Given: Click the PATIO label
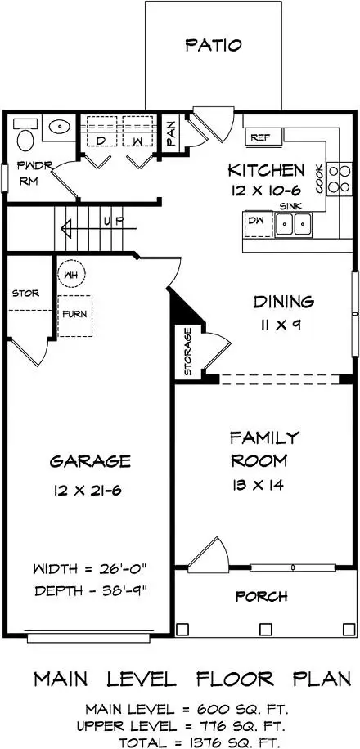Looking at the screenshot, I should point(213,44).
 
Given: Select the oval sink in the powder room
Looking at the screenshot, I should point(58,128).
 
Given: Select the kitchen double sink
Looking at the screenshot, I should point(293,223).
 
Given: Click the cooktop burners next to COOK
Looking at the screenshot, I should point(334,178).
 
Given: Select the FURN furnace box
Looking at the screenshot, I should point(74,312).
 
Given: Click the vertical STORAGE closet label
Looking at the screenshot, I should point(187,352).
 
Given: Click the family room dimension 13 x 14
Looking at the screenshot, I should point(263,485).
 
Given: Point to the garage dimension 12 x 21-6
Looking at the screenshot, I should point(90,491).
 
